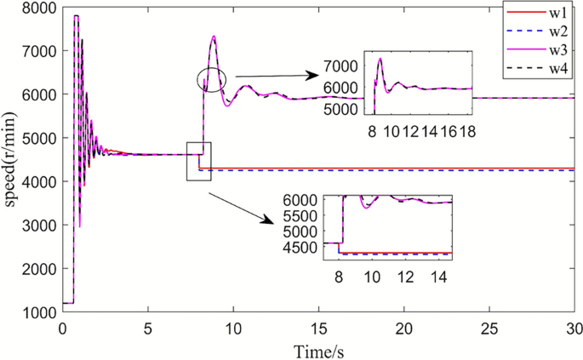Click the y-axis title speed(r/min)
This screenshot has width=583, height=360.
pyautogui.click(x=12, y=161)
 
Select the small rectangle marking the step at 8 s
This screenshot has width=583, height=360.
pyautogui.click(x=198, y=161)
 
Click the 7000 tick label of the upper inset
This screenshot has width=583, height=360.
pyautogui.click(x=342, y=66)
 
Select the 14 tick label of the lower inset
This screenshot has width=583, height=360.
pyautogui.click(x=439, y=277)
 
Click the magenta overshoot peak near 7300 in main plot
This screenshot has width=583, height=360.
pyautogui.click(x=214, y=37)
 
